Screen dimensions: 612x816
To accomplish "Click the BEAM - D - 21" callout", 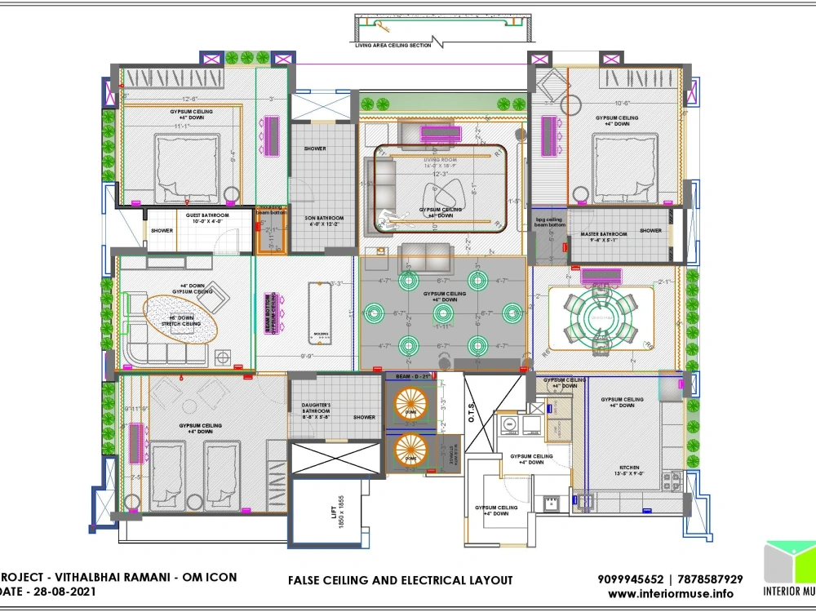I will click(x=413, y=377).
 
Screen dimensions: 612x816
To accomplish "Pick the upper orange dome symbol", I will click(x=412, y=403).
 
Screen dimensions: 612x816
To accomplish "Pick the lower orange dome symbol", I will click(x=412, y=452).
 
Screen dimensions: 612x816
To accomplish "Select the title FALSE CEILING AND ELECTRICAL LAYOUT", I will click(x=400, y=580).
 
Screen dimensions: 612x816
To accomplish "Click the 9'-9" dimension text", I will click(x=308, y=356).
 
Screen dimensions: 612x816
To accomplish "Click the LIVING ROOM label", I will click(x=441, y=161).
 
